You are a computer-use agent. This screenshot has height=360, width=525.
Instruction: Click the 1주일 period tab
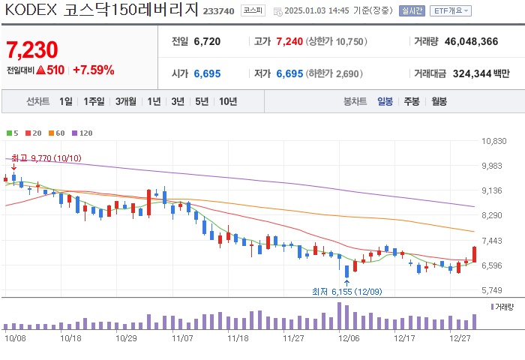[94, 101]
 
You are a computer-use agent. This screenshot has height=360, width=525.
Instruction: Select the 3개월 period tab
[127, 101]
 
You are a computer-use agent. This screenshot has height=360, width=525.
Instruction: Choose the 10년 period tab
[228, 101]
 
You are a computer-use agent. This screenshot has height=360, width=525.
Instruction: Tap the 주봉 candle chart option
[411, 101]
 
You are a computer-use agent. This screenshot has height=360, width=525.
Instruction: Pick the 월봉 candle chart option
[439, 101]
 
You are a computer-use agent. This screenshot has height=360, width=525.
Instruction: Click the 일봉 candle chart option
[385, 101]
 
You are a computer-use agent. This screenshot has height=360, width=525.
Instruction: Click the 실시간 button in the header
[412, 11]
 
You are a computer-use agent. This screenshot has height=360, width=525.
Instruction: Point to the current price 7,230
[31, 50]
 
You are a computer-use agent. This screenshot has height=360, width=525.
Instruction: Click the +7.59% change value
[93, 70]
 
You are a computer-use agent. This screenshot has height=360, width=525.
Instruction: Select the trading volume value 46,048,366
[466, 42]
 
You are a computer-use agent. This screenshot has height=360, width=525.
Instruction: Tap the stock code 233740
[218, 12]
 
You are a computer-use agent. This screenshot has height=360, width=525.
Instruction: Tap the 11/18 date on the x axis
[238, 338]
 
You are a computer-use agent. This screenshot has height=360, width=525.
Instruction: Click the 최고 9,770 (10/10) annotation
[46, 158]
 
